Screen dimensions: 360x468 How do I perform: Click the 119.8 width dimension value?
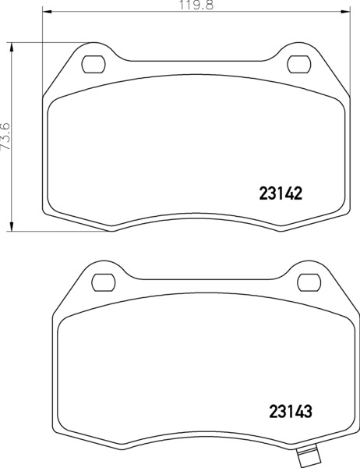tap(196, 5)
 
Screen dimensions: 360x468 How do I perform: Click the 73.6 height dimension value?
tap(6, 136)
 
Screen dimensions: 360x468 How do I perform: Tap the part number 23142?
tap(281, 193)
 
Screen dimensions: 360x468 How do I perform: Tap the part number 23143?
tap(291, 412)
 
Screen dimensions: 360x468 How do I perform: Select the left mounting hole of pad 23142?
tap(94, 64)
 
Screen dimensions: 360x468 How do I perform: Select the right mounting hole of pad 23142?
tap(299, 64)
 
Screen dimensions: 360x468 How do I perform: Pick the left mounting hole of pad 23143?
tap(103, 282)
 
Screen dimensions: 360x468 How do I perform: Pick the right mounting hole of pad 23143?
tap(309, 282)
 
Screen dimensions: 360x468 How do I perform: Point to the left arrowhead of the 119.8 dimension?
tap(47, 12)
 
